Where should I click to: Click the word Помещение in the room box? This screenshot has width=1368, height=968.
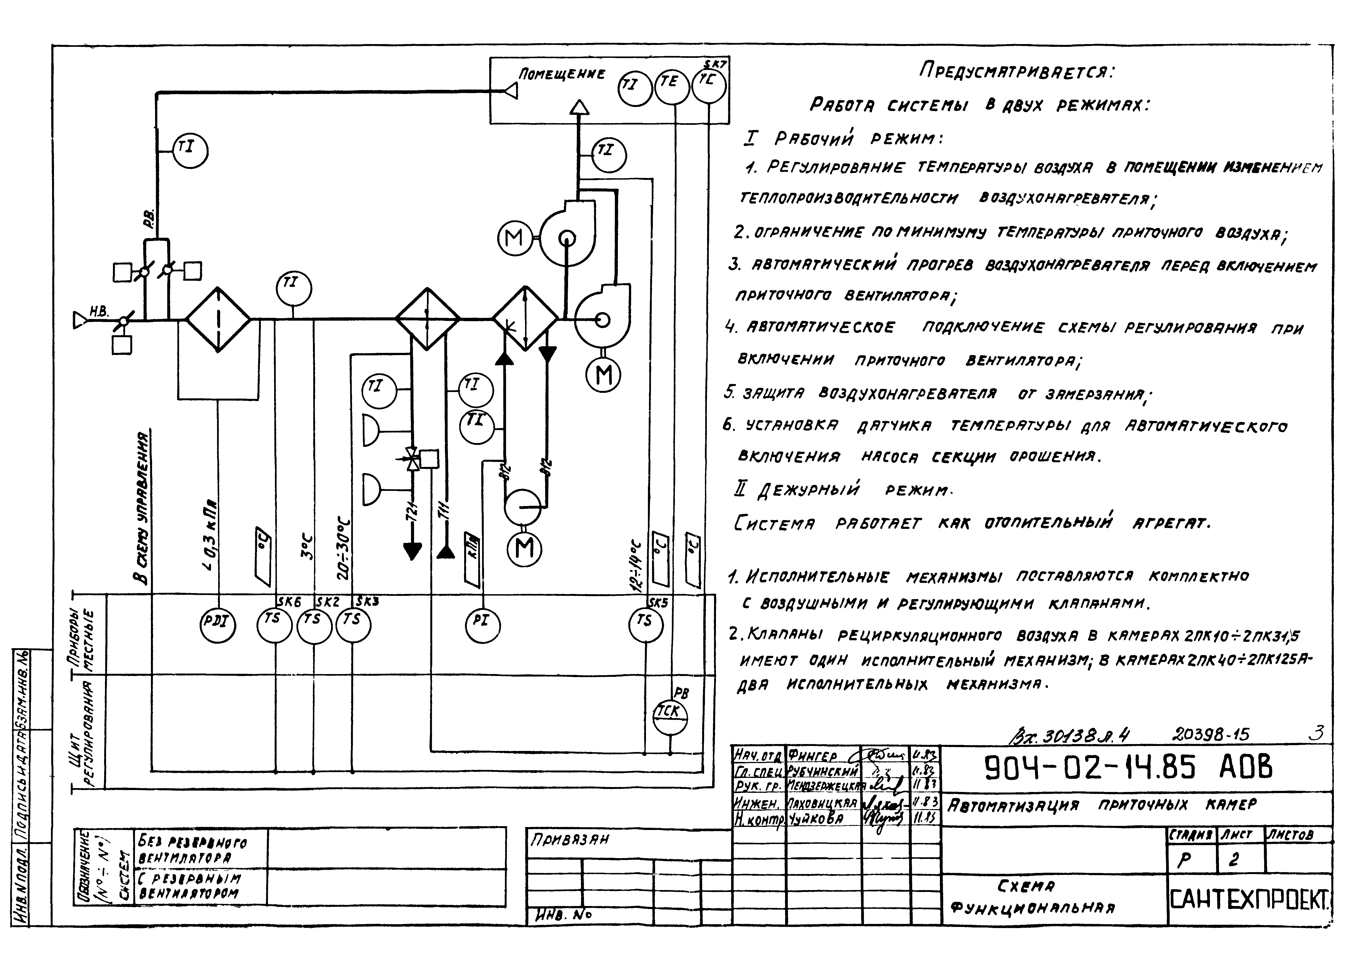coord(561,74)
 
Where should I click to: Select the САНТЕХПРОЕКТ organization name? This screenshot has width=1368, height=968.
coord(1249,900)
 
